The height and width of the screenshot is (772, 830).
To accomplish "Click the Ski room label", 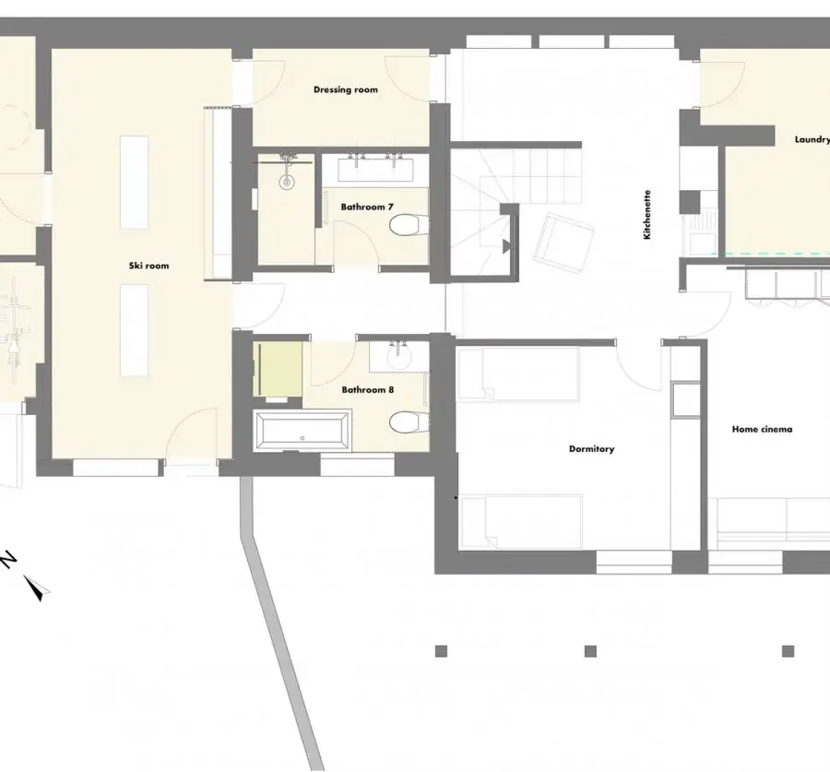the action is pos(148,266).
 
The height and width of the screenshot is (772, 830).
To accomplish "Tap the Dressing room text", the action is pos(346,90).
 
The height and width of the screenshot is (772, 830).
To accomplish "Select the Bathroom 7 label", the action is pos(367,207).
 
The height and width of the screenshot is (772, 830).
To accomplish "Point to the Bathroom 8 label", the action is pos(367,390).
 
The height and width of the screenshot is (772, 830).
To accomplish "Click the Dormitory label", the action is pos(591,449).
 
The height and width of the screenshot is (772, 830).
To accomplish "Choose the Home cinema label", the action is pos(762,430).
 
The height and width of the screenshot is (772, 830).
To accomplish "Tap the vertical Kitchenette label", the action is pos(646,215).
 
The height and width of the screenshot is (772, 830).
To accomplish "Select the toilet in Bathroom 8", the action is pos(409,422).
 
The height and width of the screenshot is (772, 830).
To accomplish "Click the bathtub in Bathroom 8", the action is pos(302,430).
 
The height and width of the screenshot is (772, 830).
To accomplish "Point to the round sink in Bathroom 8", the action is pos(399,356).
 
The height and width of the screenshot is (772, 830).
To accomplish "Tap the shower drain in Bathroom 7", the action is pos(287,182).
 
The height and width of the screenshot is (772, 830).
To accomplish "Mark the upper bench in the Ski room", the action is pos(134,182).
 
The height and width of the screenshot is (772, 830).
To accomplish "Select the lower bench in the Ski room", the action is pos(134,330).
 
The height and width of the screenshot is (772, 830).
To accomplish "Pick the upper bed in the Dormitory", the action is pos(519,373).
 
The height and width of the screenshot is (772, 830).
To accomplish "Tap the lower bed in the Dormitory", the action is pos(521,521).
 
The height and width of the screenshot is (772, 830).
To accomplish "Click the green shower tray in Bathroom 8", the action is pos(278,369).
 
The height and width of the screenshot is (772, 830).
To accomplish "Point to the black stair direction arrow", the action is pos(506,245).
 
